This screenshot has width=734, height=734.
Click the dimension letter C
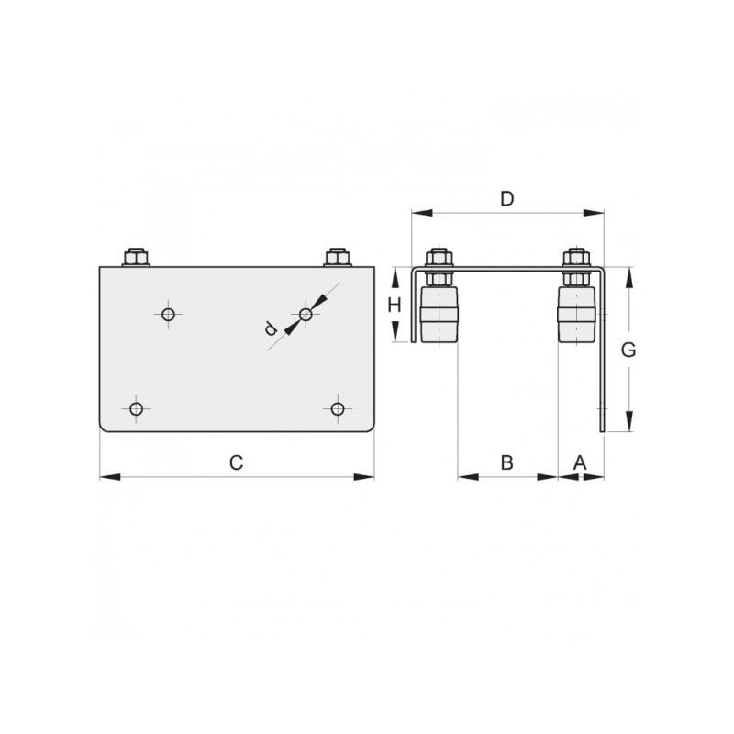pos(237,462)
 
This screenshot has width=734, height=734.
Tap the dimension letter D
pos(507,199)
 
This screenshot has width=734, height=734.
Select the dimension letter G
pos(628,350)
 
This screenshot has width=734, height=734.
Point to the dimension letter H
pos(395,306)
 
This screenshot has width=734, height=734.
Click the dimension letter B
pos(507,462)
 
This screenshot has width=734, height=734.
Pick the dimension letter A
pos(580,462)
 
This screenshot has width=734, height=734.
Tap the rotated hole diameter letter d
pos(270,328)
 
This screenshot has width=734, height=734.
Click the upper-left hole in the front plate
pos(169,315)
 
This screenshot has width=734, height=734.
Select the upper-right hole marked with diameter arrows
pos(306,315)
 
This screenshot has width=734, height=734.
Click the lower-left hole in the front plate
pos(136,409)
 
